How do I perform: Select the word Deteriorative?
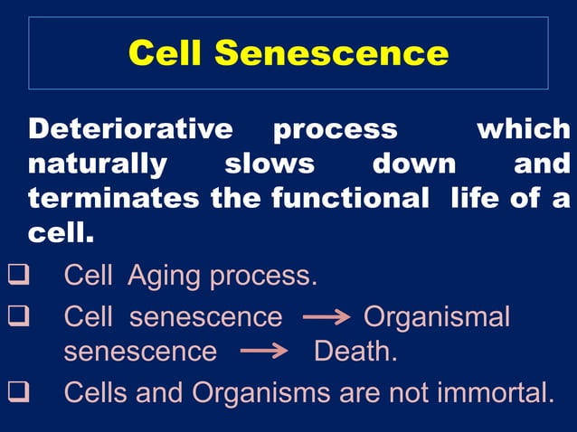click(x=130, y=128)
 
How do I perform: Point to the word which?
click(x=524, y=128)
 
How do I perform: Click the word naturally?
click(x=98, y=164)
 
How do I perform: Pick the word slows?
click(x=270, y=164)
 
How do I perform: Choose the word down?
click(x=414, y=164)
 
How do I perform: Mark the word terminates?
click(x=115, y=200)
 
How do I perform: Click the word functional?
click(x=350, y=200)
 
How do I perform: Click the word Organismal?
click(x=436, y=316)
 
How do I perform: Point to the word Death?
click(x=355, y=351)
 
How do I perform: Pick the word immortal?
click(x=487, y=392)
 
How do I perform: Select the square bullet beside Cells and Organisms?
click(x=19, y=392)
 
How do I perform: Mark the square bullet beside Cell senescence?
click(x=19, y=316)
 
